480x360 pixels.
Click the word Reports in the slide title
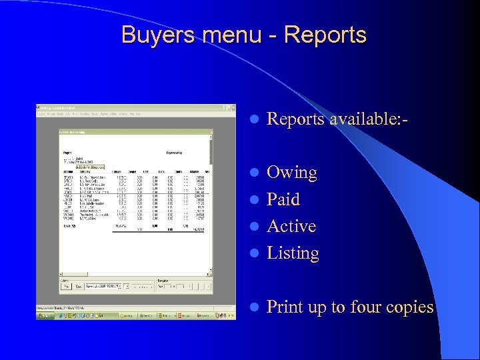click(325, 35)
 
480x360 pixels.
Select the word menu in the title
click(237, 35)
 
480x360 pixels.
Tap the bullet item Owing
click(291, 173)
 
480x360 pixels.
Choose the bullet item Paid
click(283, 199)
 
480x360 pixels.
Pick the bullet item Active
click(291, 226)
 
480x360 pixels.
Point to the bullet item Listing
click(293, 253)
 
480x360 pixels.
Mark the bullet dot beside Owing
click(253, 173)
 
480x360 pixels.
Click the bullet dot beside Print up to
click(253, 307)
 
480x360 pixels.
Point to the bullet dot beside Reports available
click(253, 120)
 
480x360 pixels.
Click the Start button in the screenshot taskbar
click(45, 315)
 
